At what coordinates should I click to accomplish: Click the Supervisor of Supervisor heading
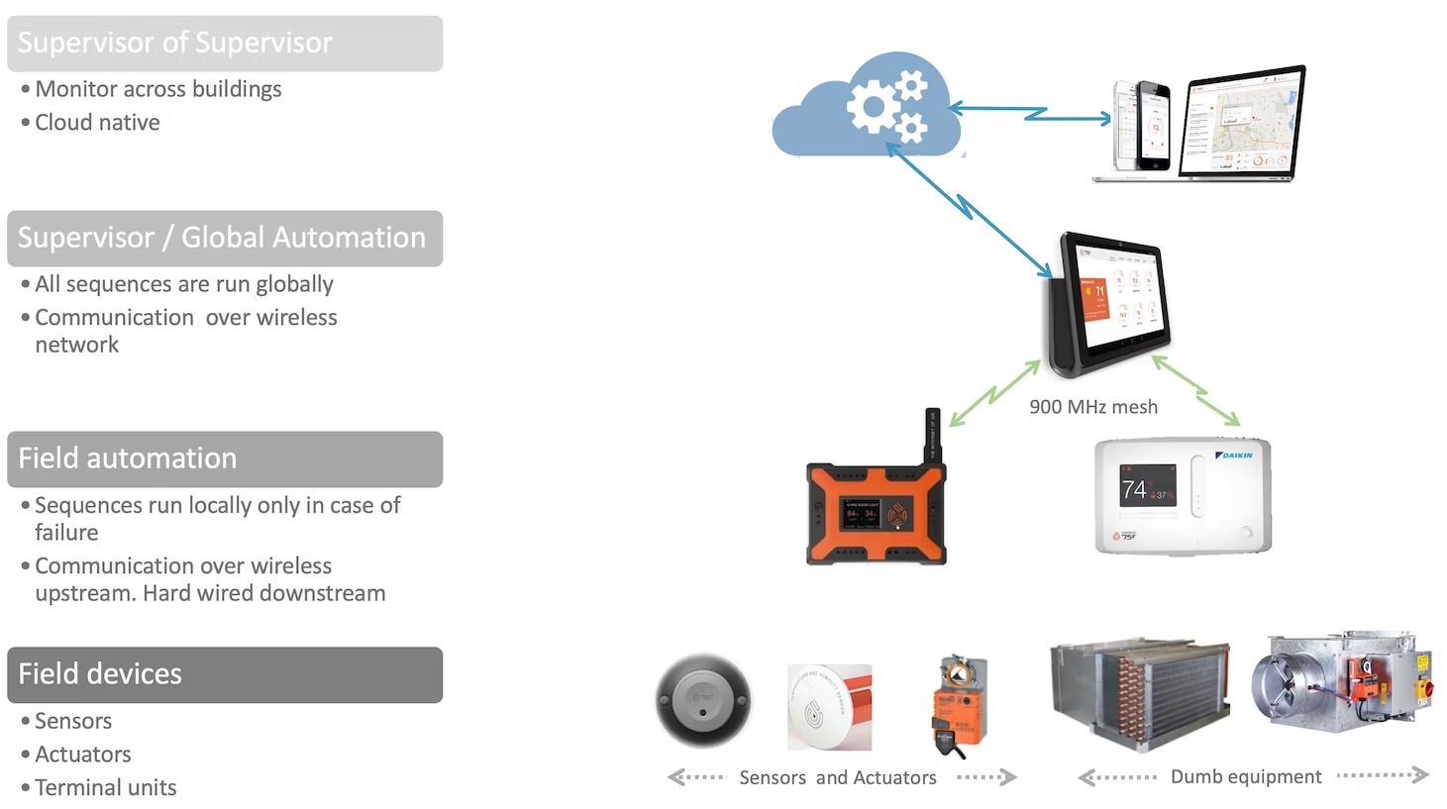pos(175,43)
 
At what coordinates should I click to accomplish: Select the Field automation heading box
pos(225,458)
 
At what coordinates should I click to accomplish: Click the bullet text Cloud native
pos(97,123)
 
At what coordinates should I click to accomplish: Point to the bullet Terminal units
pos(105,788)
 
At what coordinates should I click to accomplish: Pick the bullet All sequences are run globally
pos(184,284)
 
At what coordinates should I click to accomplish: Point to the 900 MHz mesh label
pos(1093,407)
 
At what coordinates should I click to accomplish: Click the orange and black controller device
pos(876,512)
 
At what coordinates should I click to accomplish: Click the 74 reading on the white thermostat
pos(1134,489)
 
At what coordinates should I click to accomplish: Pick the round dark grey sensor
pos(703,701)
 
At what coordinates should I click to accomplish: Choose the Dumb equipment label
pos(1246,777)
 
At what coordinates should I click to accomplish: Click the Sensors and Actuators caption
pos(837,778)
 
